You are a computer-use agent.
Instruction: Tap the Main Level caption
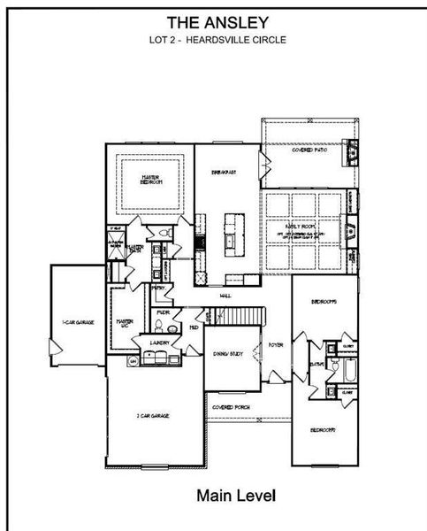237,495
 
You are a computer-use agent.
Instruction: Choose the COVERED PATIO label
309,150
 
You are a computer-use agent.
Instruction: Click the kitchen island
233,232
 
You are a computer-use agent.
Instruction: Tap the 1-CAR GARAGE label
78,322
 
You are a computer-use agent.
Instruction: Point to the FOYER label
276,345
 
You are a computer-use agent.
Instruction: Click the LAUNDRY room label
159,342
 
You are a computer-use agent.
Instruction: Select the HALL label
225,296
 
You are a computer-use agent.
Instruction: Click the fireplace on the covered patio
353,152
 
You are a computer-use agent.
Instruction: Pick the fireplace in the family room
353,233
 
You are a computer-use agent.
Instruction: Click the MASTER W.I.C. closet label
126,324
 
